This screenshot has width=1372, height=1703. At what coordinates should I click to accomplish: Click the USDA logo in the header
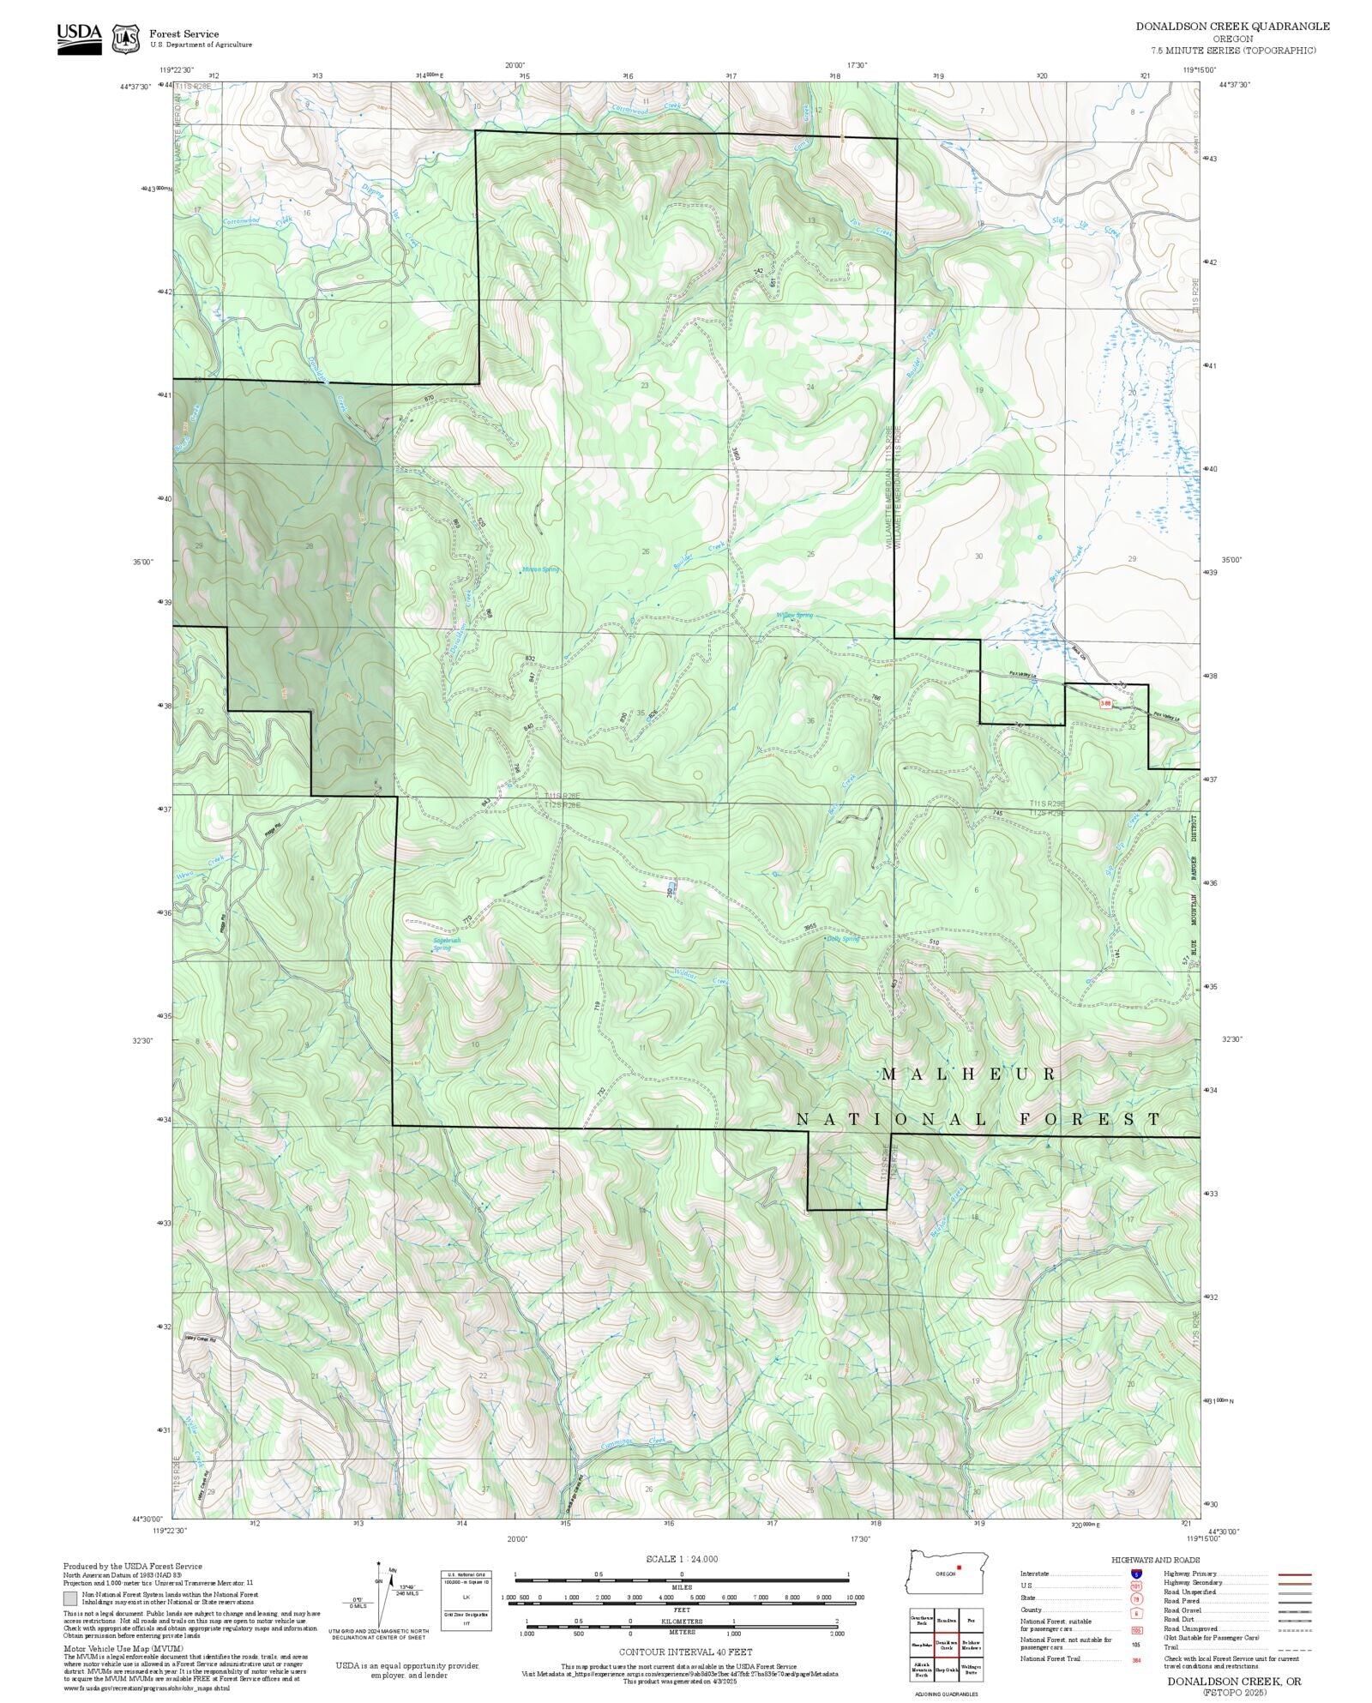pyautogui.click(x=79, y=38)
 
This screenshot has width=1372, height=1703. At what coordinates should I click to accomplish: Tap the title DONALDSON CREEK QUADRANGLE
pyautogui.click(x=1232, y=26)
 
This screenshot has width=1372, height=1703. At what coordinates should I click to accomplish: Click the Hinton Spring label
pyautogui.click(x=540, y=569)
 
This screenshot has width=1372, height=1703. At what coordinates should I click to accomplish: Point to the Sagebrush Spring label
pyautogui.click(x=446, y=943)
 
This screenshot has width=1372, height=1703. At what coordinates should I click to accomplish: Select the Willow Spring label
pyautogui.click(x=794, y=615)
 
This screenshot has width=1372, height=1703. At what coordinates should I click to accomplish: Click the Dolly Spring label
pyautogui.click(x=841, y=939)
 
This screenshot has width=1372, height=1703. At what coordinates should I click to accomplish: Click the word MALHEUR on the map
pyautogui.click(x=969, y=1074)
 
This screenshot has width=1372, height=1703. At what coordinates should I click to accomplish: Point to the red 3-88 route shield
pyautogui.click(x=1106, y=703)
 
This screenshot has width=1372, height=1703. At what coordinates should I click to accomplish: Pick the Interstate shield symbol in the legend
pyautogui.click(x=1136, y=1574)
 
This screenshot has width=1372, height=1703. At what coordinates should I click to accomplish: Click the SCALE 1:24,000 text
pyautogui.click(x=682, y=1559)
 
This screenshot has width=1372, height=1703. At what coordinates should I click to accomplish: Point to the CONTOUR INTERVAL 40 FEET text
pyautogui.click(x=686, y=1651)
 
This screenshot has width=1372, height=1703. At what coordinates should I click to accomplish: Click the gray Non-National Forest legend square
pyautogui.click(x=70, y=1598)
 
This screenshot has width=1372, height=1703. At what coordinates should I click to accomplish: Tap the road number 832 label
pyautogui.click(x=530, y=659)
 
